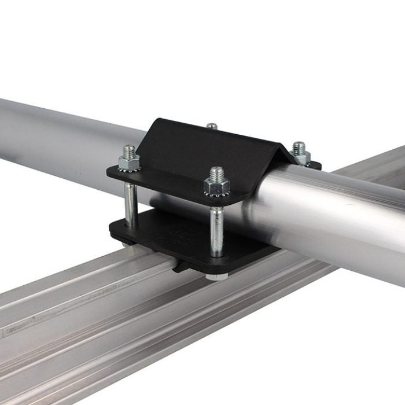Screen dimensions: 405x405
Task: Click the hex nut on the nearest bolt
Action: (216, 186)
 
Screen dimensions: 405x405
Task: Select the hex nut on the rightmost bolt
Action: (300, 156)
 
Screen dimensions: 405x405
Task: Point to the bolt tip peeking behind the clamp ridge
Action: (212, 126)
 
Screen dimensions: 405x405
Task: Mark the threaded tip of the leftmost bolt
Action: (129, 151)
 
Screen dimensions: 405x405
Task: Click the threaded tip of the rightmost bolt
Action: (299, 147)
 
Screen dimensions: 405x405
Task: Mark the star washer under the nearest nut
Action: (216, 194)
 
